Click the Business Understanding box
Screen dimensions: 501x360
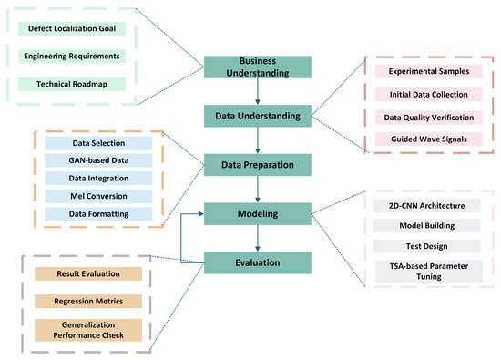[258, 67]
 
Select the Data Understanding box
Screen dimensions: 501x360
[258, 116]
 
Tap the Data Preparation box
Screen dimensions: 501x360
[258, 165]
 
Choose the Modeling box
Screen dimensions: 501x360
[258, 214]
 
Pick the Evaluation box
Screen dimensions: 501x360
[258, 262]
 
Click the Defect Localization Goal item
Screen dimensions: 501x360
[72, 28]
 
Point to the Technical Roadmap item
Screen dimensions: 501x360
[72, 84]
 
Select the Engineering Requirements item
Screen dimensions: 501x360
[72, 57]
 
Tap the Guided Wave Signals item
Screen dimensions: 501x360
[429, 139]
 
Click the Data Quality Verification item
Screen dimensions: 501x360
[429, 118]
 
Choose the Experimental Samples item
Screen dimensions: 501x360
[429, 71]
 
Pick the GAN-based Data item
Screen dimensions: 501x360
[98, 160]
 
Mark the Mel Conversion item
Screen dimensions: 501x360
[98, 196]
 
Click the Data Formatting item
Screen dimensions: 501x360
[98, 214]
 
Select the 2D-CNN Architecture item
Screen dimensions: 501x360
[427, 206]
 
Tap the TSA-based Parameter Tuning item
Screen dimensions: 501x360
[429, 272]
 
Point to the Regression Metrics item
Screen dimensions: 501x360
[88, 302]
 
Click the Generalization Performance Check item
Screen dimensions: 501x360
[88, 330]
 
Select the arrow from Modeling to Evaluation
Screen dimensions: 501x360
[258, 238]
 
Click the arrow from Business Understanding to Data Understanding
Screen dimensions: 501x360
[258, 91]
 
